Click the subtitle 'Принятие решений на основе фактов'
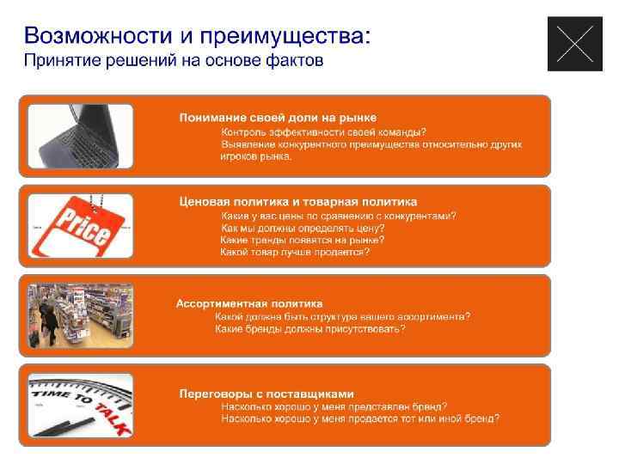pos(173,61)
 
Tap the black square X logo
pos(575,44)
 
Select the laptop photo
pos(80,137)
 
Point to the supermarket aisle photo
pos(80,316)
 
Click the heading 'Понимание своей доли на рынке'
pos(278,118)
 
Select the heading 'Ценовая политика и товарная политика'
pos(297,202)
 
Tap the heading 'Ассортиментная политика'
pos(249,303)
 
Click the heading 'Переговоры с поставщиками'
pos(267,394)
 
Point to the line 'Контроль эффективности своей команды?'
pos(323,131)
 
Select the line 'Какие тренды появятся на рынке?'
pos(302,240)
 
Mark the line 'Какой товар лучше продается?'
pos(295,252)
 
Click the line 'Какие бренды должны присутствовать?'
pos(309,328)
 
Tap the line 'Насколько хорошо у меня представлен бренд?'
pos(334,406)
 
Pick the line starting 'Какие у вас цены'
pos(339,216)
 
